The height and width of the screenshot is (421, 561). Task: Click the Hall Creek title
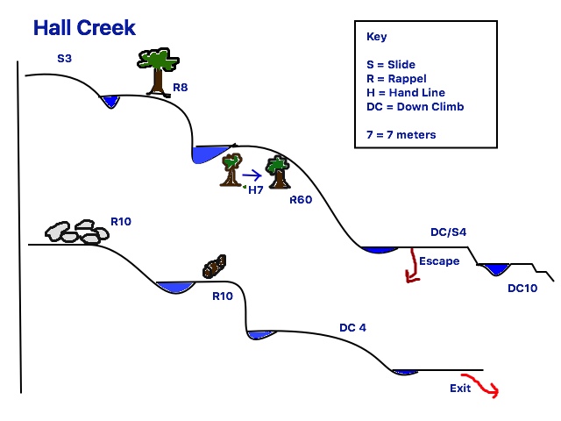[84, 27]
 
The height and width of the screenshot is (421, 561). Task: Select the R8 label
[181, 88]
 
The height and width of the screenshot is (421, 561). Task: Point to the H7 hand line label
[255, 189]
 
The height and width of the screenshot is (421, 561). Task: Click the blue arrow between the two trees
[252, 174]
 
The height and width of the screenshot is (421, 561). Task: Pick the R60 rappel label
[302, 200]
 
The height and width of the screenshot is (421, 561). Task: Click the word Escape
[439, 260]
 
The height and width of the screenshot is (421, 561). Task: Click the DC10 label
[522, 287]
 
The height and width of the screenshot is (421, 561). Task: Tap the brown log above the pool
[214, 266]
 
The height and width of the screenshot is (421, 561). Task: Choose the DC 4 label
[353, 328]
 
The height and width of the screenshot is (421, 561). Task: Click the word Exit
[462, 387]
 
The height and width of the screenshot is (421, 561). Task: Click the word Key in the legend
[375, 38]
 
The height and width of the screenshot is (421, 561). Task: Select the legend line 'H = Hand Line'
[406, 92]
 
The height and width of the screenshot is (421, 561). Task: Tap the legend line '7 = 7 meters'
[401, 134]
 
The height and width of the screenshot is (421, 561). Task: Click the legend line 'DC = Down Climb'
[415, 106]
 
